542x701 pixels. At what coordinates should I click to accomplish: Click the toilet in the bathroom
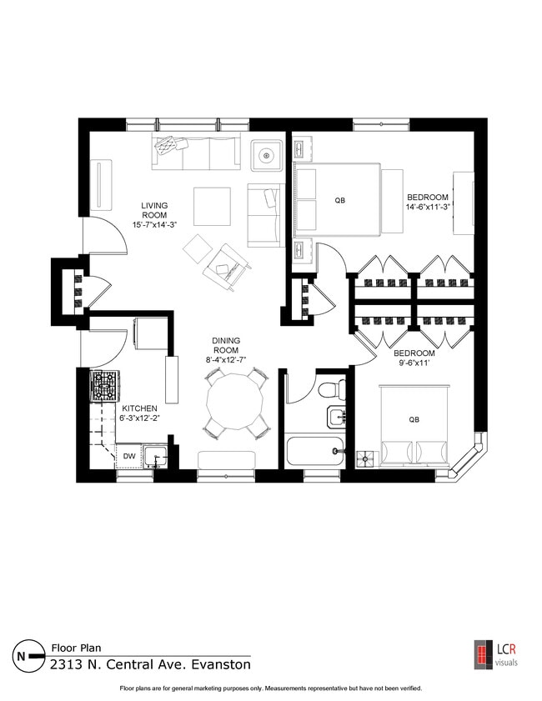point(335,388)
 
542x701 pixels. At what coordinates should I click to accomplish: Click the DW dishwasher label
point(129,456)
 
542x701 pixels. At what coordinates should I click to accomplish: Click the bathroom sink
point(337,414)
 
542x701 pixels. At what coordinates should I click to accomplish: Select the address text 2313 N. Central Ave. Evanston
point(150,665)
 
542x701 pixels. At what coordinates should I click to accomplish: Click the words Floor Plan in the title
point(76,646)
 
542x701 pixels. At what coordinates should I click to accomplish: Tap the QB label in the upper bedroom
point(339,201)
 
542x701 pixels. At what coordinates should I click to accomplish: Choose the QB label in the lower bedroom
point(414,419)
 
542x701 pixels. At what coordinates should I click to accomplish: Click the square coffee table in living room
point(213,204)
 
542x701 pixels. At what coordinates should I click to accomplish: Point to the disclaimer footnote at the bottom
point(271,688)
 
